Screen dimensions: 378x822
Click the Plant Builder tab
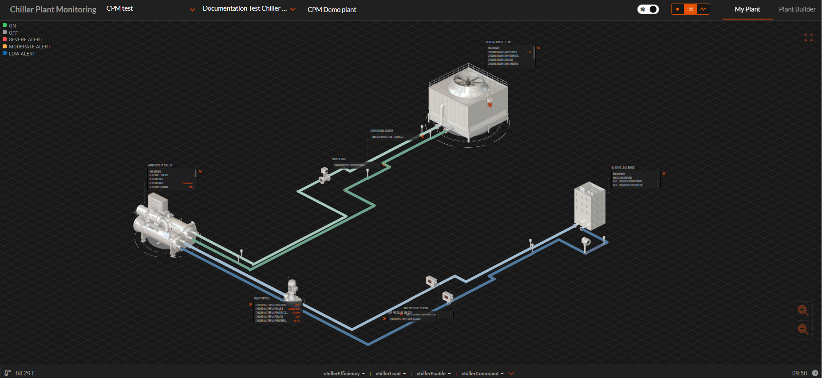pyautogui.click(x=797, y=9)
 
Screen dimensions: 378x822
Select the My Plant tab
pyautogui.click(x=747, y=9)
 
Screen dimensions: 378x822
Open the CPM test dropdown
pyautogui.click(x=150, y=9)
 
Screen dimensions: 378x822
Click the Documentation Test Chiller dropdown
pyautogui.click(x=249, y=9)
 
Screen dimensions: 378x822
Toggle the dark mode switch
pyautogui.click(x=648, y=9)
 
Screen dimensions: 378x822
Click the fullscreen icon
pyautogui.click(x=808, y=38)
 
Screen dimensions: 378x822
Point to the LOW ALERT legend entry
pyautogui.click(x=22, y=54)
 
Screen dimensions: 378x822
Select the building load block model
pyautogui.click(x=590, y=205)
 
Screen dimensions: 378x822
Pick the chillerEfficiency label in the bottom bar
pyautogui.click(x=341, y=374)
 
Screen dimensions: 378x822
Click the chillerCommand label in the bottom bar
pyautogui.click(x=480, y=374)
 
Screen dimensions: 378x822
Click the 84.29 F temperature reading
pyautogui.click(x=25, y=373)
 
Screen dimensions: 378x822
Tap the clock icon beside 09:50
pyautogui.click(x=815, y=373)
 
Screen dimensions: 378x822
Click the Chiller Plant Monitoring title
pyautogui.click(x=53, y=9)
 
